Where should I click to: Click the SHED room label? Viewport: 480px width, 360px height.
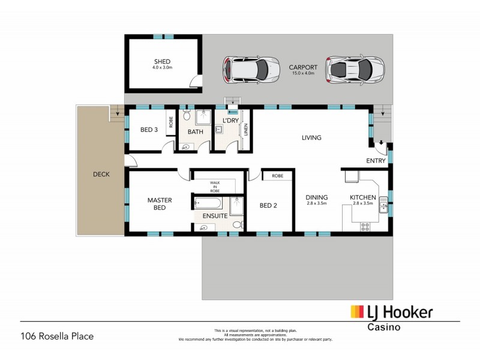(x=162, y=61)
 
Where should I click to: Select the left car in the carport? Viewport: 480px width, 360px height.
(x=251, y=69)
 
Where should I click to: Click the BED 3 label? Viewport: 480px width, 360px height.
(x=149, y=130)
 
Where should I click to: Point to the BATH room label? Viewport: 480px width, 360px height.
(x=196, y=131)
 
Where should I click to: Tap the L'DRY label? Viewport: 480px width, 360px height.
(x=231, y=121)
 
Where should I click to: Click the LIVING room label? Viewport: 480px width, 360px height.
(x=311, y=137)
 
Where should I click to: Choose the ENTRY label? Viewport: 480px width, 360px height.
(x=376, y=160)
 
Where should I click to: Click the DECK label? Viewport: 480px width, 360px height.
(x=101, y=175)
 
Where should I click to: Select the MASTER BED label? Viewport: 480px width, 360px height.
(x=160, y=203)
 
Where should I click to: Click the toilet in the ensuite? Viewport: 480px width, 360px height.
(x=237, y=224)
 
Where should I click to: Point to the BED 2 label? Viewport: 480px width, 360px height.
(x=268, y=205)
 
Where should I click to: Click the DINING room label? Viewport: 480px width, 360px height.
(x=316, y=197)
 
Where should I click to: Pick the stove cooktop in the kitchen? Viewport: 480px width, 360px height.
(x=365, y=226)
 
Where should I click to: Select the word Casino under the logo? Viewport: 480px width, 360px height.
(x=384, y=327)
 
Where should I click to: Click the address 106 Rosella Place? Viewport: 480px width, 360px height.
(x=57, y=336)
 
